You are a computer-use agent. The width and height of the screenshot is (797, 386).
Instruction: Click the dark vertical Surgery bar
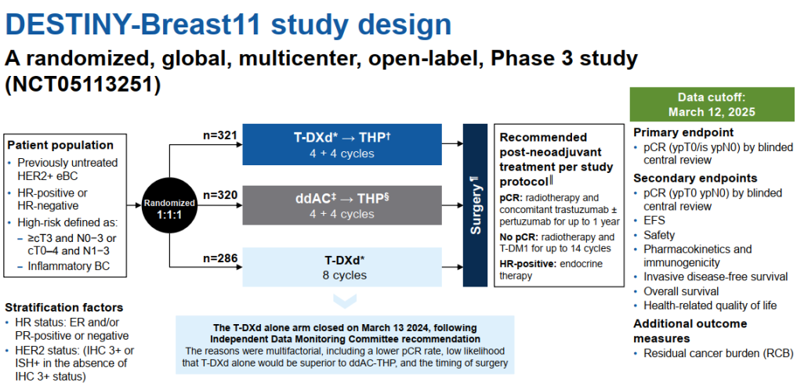(475, 204)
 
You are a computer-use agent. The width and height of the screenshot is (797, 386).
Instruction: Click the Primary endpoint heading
(683, 132)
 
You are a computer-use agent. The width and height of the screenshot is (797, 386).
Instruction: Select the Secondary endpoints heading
(695, 178)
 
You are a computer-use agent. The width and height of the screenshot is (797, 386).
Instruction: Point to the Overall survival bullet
(682, 291)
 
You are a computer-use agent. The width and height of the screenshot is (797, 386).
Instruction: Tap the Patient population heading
(60, 145)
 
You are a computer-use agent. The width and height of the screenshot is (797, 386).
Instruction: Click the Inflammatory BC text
(69, 265)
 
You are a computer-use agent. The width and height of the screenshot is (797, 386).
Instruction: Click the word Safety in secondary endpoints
(659, 235)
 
